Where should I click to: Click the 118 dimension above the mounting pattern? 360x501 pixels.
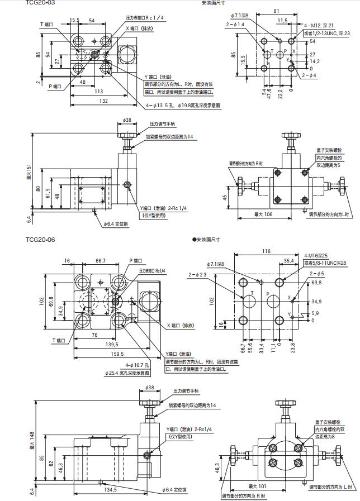click(266, 252)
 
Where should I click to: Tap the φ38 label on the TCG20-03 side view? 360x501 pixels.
click(127, 120)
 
